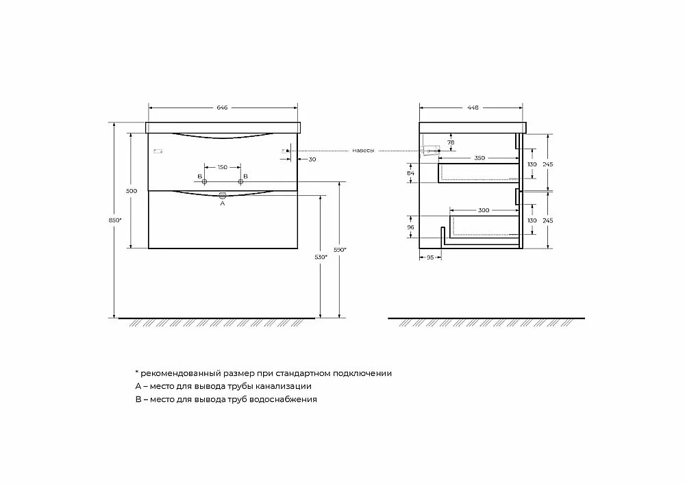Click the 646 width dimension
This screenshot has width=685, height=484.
223,107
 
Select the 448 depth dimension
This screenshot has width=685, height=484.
473,107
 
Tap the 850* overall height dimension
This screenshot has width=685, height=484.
115,220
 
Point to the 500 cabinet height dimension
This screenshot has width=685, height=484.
132,191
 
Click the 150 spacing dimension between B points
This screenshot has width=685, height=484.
223,167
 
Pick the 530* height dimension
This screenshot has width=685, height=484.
321,257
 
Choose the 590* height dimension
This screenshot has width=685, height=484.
340,250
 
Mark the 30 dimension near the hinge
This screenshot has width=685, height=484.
312,160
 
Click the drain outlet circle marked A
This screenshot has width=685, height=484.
223,194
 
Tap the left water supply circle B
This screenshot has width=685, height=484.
204,181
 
